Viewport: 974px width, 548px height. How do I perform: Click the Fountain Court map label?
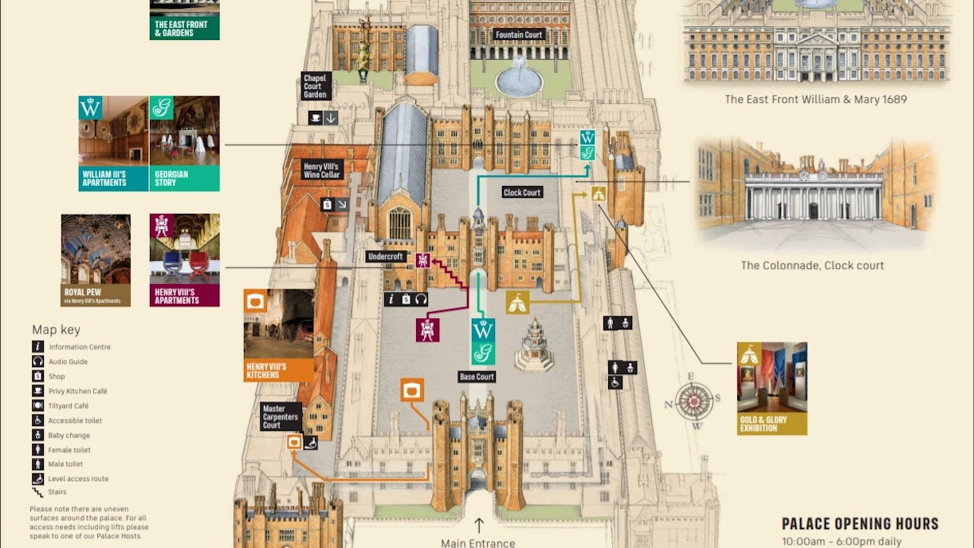point(519,35)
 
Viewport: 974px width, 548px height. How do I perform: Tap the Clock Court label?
point(522,192)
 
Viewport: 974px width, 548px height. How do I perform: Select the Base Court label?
point(477,377)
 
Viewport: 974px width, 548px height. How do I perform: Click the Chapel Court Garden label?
point(316,86)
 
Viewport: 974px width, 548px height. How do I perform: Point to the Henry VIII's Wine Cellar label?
point(321,171)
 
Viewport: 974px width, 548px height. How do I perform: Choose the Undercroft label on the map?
point(386,257)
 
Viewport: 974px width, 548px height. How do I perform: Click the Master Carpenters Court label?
point(280,416)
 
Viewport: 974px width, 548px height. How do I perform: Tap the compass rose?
point(695,400)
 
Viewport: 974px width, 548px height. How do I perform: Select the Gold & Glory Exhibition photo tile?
point(772,388)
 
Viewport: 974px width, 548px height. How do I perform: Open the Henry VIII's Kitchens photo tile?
point(278,334)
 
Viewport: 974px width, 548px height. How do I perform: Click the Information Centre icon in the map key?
point(37,347)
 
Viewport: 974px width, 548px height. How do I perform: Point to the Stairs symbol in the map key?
point(37,493)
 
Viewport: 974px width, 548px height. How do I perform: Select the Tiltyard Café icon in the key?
point(37,406)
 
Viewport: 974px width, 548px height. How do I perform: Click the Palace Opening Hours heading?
point(859,524)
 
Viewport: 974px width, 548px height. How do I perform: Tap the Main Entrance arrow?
point(478,526)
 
